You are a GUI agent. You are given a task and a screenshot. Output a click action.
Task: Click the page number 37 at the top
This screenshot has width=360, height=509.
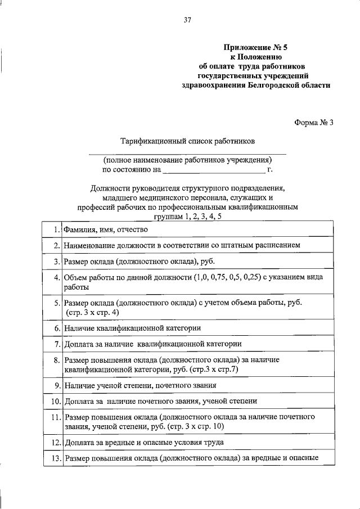(x=188, y=21)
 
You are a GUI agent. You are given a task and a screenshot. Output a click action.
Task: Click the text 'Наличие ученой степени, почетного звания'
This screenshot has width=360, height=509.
(x=140, y=385)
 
